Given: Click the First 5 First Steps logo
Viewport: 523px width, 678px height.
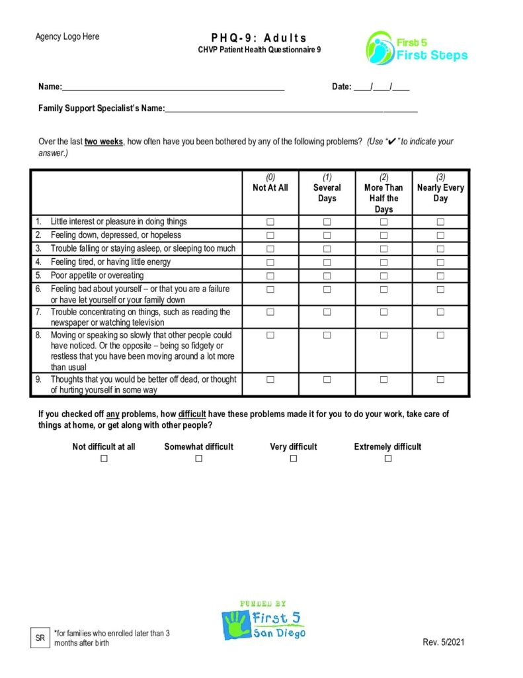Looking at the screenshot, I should point(417,48).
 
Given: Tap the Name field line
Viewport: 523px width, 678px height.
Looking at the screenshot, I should point(173,87).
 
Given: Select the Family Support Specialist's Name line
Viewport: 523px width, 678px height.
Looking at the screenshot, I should point(291,109).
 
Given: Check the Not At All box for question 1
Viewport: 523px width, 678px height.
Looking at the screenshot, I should point(270,222).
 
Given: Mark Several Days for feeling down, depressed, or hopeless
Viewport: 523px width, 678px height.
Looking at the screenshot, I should point(327,235).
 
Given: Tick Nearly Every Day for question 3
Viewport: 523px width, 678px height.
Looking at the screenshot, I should point(440,249).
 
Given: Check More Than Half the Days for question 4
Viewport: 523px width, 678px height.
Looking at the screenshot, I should point(383,262).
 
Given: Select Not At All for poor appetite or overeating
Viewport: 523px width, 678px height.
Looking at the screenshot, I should point(270,275).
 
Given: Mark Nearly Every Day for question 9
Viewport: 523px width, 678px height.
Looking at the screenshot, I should point(440,379).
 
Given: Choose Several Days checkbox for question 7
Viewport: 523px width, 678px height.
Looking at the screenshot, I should point(327,312).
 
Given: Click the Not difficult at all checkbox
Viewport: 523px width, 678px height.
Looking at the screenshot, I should point(104,458).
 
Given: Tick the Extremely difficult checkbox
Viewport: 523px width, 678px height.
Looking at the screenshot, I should point(388,458).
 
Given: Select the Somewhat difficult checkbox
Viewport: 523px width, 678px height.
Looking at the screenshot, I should point(198,458).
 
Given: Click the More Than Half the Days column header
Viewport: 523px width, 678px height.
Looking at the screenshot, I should point(383,193).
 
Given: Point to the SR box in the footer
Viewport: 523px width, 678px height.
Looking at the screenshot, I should point(40,638).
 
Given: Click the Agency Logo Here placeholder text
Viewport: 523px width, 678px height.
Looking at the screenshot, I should point(67,36).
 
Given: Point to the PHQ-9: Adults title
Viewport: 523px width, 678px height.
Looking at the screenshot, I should point(259,38).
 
